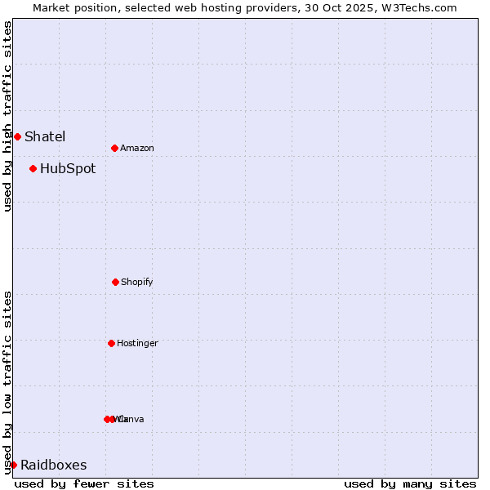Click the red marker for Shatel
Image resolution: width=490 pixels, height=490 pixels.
17,136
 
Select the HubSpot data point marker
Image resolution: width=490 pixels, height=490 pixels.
33,169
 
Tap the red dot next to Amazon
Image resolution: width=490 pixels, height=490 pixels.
114,148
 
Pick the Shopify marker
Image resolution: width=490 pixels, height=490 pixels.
115,282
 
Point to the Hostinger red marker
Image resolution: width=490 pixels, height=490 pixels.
111,343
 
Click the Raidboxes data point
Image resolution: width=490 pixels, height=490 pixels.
13,465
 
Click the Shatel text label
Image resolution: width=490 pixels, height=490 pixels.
45,136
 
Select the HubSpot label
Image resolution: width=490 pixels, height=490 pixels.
68,169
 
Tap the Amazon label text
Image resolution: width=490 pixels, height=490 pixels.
137,148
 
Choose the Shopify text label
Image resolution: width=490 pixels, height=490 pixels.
137,282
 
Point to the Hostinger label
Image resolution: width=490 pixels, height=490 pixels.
137,343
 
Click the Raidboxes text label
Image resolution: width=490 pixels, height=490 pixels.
54,465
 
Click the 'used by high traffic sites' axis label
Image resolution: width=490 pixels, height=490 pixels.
7,116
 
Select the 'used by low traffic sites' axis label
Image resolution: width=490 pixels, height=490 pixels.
7,382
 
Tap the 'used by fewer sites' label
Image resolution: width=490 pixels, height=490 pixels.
84,483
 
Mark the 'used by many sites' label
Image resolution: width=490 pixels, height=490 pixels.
410,483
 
